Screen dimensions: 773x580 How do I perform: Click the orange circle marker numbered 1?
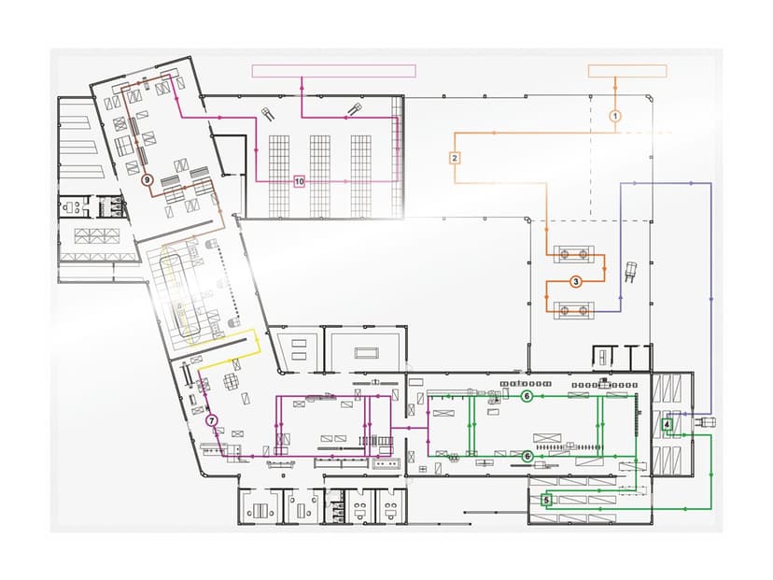[614, 116]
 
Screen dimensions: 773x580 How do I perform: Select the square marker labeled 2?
[455, 158]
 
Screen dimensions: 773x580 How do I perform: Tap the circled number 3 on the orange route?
[575, 282]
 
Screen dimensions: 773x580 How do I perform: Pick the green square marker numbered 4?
[667, 424]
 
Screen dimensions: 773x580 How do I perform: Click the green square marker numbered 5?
[546, 500]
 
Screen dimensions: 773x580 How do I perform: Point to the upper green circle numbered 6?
[527, 396]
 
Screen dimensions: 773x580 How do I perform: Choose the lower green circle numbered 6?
[527, 456]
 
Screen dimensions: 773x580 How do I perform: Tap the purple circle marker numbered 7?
[212, 420]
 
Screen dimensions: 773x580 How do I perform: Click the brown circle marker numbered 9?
[147, 179]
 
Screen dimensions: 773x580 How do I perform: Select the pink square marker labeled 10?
[300, 181]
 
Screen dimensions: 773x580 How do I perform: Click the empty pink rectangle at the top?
[333, 71]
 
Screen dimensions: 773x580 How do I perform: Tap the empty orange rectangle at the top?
[627, 71]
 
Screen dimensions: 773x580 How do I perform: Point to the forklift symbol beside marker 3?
[631, 272]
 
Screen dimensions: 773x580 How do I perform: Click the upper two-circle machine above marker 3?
[574, 254]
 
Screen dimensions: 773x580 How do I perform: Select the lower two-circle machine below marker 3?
[574, 311]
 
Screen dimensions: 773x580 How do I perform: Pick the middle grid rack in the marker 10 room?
[320, 177]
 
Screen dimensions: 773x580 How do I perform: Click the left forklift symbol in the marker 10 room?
[268, 114]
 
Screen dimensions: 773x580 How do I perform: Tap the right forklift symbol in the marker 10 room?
[355, 109]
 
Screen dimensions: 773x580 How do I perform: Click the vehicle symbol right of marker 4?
[705, 422]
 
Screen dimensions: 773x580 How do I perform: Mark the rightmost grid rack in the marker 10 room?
[361, 177]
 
